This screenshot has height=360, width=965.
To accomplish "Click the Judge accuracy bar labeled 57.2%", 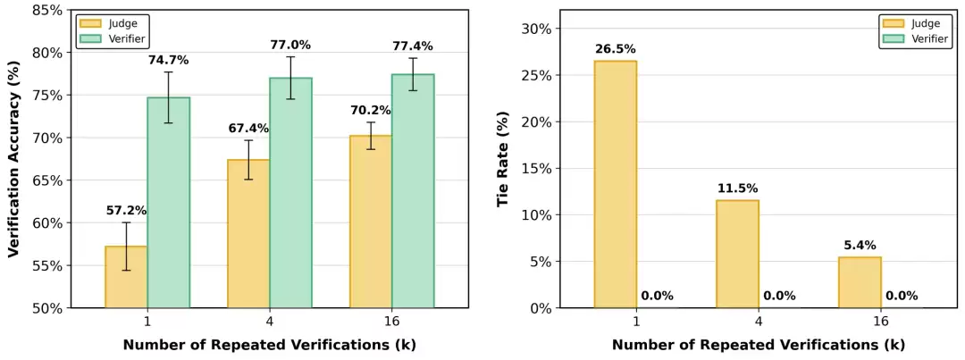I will (126, 277).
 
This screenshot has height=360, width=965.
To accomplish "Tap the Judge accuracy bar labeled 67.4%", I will (248, 234).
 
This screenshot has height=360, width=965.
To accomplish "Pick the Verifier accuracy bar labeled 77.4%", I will (413, 191).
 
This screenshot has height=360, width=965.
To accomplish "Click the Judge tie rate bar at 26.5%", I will (615, 184).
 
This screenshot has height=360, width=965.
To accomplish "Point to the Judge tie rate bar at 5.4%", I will (860, 282).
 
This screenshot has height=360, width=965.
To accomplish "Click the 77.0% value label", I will (290, 45).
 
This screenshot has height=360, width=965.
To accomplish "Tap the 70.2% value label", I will (371, 112).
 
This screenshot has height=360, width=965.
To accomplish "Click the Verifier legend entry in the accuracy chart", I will (117, 38).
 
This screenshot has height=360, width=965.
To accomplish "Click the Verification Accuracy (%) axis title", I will (14, 159).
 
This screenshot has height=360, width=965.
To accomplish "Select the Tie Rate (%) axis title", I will (503, 159).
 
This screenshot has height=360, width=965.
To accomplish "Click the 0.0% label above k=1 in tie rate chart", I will (657, 296).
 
